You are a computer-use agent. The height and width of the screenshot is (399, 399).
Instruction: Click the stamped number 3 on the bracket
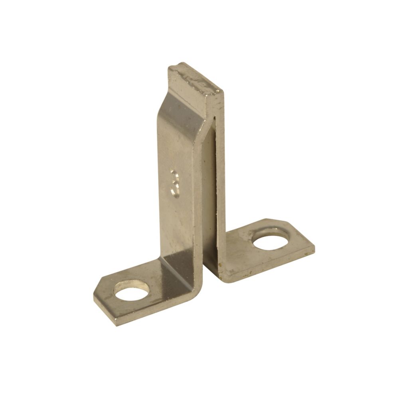[x=175, y=183]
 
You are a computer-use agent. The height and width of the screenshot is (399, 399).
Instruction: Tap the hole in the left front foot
[x=131, y=290]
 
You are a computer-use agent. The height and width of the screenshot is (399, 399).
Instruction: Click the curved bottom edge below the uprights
[x=199, y=281]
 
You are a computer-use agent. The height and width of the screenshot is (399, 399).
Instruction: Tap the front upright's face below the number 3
[x=178, y=227]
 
